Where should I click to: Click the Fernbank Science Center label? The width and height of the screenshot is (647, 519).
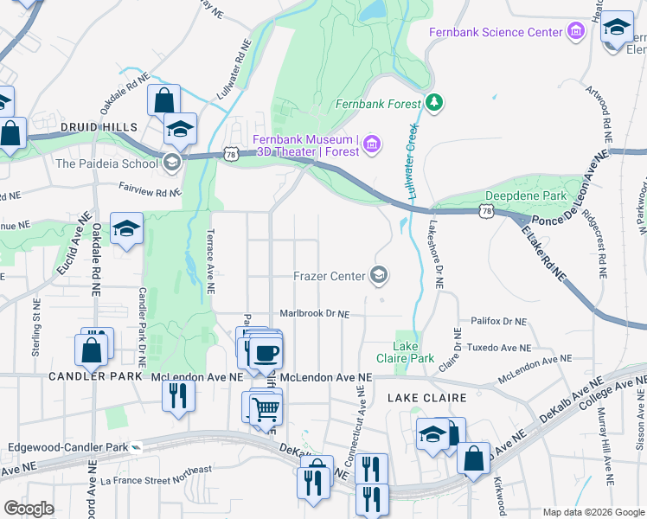tap(496, 32)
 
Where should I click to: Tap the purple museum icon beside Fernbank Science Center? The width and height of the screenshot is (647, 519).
tap(576, 32)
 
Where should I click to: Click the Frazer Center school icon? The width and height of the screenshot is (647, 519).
tap(378, 276)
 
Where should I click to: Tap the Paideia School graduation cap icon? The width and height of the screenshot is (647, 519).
tap(171, 162)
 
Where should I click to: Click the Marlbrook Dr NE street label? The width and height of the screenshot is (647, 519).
tap(314, 314)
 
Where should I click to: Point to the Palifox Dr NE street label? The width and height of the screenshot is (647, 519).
tap(498, 321)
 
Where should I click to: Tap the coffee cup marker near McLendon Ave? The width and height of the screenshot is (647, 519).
tap(267, 351)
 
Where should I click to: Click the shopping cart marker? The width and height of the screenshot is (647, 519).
tap(266, 407)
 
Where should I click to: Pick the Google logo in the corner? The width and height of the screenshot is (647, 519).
tap(29, 508)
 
